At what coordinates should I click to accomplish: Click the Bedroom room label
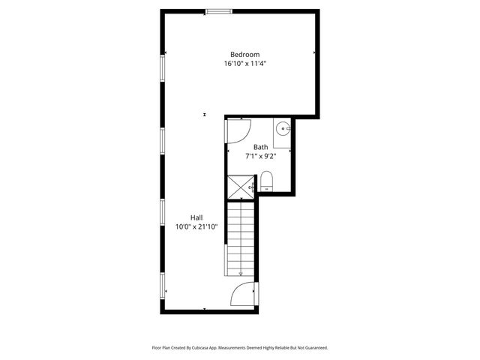(244, 54)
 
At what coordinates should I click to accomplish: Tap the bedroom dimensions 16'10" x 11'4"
(244, 64)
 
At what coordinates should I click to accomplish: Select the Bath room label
(260, 147)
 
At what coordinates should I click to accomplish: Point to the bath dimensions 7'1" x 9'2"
(260, 157)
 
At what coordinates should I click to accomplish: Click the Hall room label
(196, 217)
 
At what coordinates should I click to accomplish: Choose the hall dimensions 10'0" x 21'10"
(196, 226)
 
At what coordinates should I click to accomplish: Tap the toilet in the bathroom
(266, 180)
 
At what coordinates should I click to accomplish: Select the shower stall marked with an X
(241, 185)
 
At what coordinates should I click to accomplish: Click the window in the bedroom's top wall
(218, 10)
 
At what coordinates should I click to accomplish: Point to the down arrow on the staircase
(241, 273)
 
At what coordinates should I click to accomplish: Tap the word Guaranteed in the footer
(313, 348)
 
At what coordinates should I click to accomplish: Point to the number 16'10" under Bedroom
(232, 64)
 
